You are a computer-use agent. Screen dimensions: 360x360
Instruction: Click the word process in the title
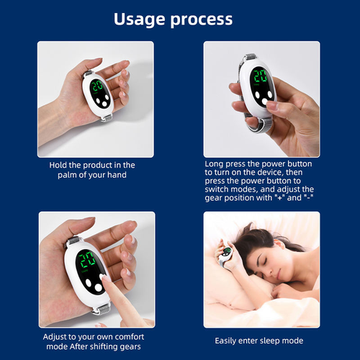coord(204,20)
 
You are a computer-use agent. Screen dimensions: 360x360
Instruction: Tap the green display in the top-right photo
coord(260,76)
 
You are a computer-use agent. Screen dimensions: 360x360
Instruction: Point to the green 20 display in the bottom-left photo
coord(89,260)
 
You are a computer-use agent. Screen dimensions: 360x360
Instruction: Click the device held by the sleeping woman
coord(226,253)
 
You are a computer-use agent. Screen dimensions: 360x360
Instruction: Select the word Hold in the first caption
coord(59,165)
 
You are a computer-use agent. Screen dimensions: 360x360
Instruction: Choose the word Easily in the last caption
coord(229,340)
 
